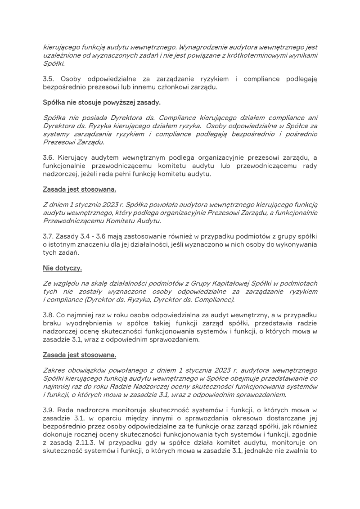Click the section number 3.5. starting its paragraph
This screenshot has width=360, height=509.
[49, 79]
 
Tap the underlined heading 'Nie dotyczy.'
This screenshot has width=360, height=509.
[63, 268]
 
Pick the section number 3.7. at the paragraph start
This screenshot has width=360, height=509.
[49, 237]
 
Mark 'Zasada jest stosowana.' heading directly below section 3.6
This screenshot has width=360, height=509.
[79, 189]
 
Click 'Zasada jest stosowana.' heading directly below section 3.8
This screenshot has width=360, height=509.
[79, 355]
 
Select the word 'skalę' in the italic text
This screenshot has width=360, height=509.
[92, 283]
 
